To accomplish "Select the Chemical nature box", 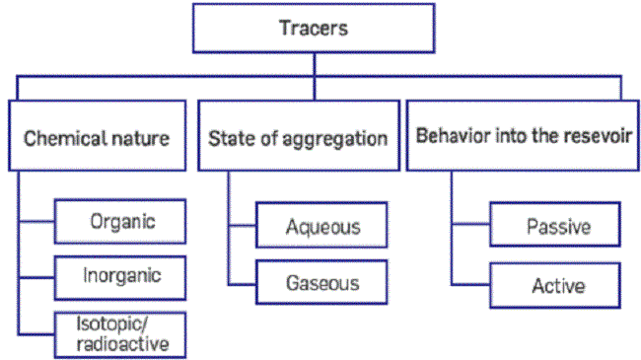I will point(97,136).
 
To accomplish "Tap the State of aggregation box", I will point(298,136).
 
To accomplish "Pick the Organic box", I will point(119,220).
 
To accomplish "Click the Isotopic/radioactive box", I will point(119,332).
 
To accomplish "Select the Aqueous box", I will point(322,226).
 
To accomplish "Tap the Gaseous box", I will point(322,283).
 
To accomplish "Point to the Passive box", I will point(558,227).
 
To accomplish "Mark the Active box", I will point(558,285).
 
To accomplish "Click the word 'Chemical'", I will point(62,137).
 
